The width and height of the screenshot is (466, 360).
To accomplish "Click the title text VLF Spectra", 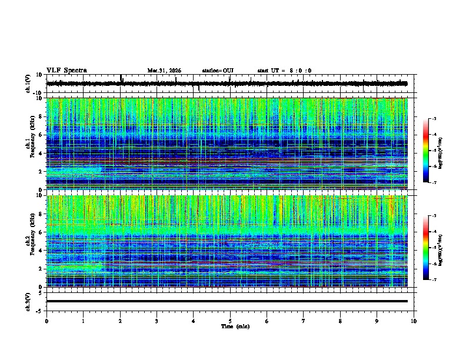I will click(x=66, y=71).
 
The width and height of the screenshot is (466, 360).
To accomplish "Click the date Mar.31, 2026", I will click(x=164, y=71).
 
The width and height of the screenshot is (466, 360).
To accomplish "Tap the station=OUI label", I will click(x=218, y=71).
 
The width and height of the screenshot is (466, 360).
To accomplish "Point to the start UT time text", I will click(x=284, y=71).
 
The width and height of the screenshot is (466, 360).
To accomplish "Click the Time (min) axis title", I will click(x=235, y=326).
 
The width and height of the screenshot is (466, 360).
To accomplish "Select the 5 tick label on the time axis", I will click(x=230, y=321).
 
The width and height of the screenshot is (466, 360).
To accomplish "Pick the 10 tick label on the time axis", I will click(x=414, y=321).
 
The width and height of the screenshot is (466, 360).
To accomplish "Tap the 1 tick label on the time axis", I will click(x=83, y=321).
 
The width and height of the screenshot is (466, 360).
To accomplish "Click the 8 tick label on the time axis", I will click(x=341, y=321).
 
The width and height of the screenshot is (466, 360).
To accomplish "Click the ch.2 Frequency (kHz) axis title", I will click(x=29, y=241).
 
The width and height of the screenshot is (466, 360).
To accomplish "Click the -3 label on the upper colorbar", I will click(x=434, y=119).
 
